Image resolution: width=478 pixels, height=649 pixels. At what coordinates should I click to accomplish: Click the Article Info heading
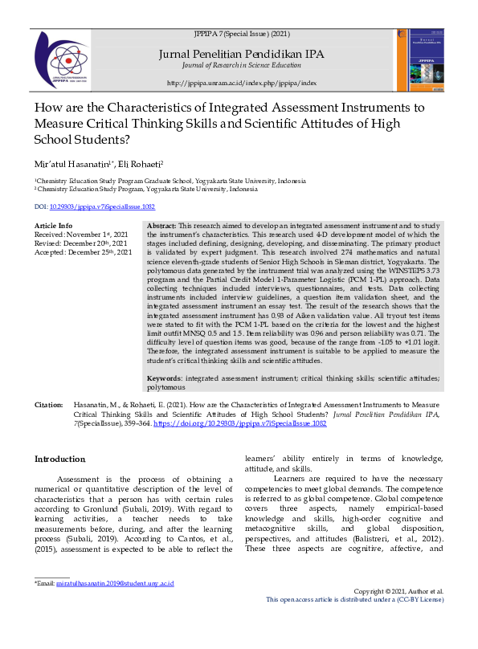pos(53,227)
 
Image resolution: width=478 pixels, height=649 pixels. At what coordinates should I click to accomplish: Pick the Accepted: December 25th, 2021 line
pos(83,252)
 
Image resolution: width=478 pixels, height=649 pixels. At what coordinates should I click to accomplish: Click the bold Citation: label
pos(48,406)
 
